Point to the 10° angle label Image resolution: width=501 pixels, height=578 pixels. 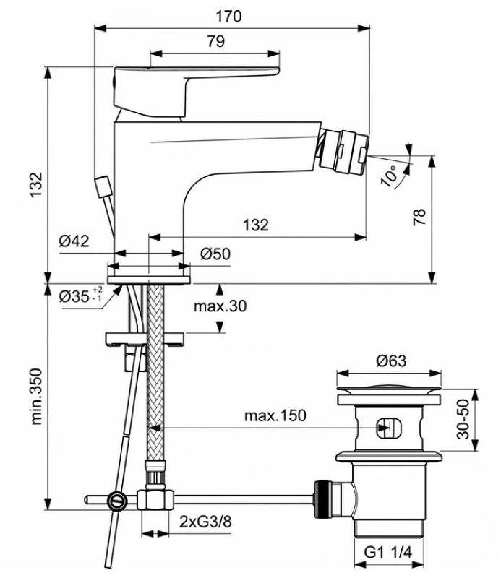pyautogui.click(x=390, y=176)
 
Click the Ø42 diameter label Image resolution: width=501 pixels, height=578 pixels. pyautogui.click(x=74, y=242)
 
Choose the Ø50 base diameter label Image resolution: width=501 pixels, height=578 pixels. pyautogui.click(x=215, y=254)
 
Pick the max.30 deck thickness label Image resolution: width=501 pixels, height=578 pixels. pyautogui.click(x=220, y=306)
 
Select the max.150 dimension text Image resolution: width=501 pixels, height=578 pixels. pyautogui.click(x=274, y=415)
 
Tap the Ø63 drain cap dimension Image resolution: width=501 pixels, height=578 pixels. pyautogui.click(x=391, y=361)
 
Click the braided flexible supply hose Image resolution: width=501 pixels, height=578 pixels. pyautogui.click(x=153, y=376)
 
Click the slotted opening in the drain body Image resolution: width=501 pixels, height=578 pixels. pyautogui.click(x=387, y=428)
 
